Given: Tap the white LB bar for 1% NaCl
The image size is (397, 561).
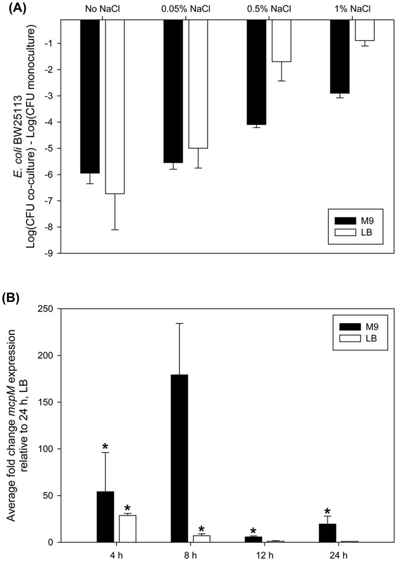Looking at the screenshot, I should [x=365, y=30].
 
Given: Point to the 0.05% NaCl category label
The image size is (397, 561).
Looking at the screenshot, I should [x=185, y=9].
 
